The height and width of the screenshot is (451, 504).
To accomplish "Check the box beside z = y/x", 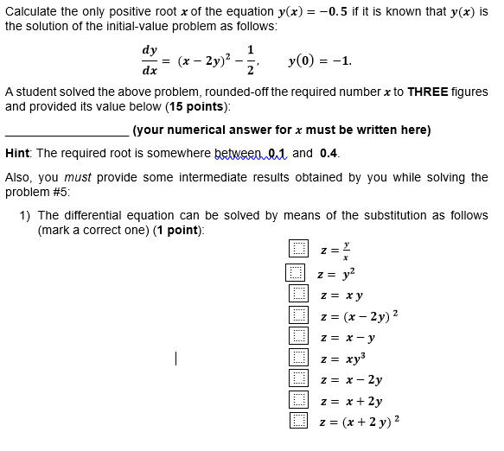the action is [x=298, y=250].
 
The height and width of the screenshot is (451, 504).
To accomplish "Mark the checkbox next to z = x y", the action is [x=298, y=294].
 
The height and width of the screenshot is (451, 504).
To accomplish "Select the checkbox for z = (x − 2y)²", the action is [x=298, y=314].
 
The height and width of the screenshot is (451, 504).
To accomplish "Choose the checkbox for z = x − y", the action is [x=298, y=336].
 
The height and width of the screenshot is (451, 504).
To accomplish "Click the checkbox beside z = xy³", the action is [x=298, y=357].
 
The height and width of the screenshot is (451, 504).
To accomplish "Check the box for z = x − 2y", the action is [x=298, y=378].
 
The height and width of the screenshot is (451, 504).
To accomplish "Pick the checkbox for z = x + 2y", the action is [x=298, y=400].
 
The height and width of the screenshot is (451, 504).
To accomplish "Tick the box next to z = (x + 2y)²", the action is [x=298, y=421].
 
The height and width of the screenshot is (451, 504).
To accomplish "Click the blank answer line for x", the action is [x=67, y=130].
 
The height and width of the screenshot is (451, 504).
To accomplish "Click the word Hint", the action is [x=18, y=153].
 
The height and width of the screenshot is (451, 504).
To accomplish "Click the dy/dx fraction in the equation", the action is [x=150, y=60].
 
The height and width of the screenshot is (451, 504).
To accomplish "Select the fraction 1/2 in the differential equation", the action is [x=251, y=60].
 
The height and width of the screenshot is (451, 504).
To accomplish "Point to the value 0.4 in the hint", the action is [x=329, y=153].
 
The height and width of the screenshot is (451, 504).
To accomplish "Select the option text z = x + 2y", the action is [x=351, y=401].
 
